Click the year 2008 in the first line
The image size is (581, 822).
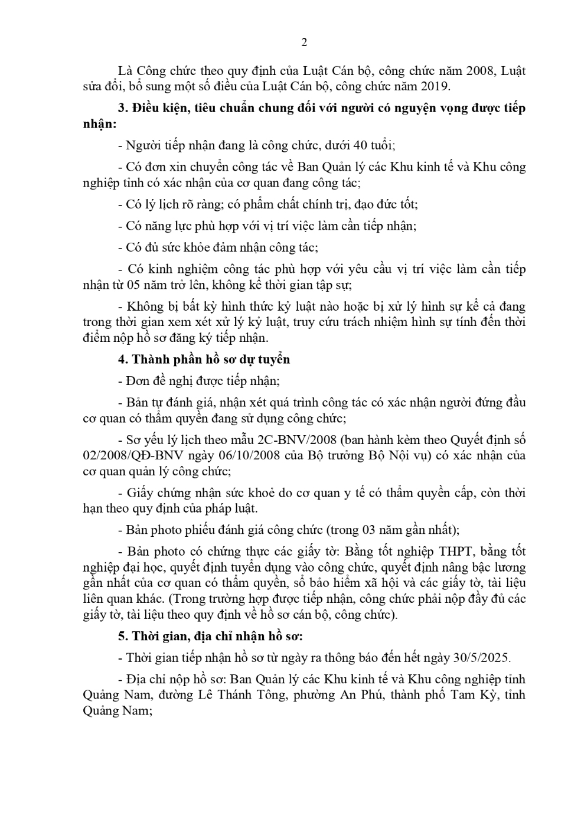(484, 71)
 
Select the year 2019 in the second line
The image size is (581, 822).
(433, 87)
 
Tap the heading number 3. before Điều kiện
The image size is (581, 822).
(123, 108)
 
